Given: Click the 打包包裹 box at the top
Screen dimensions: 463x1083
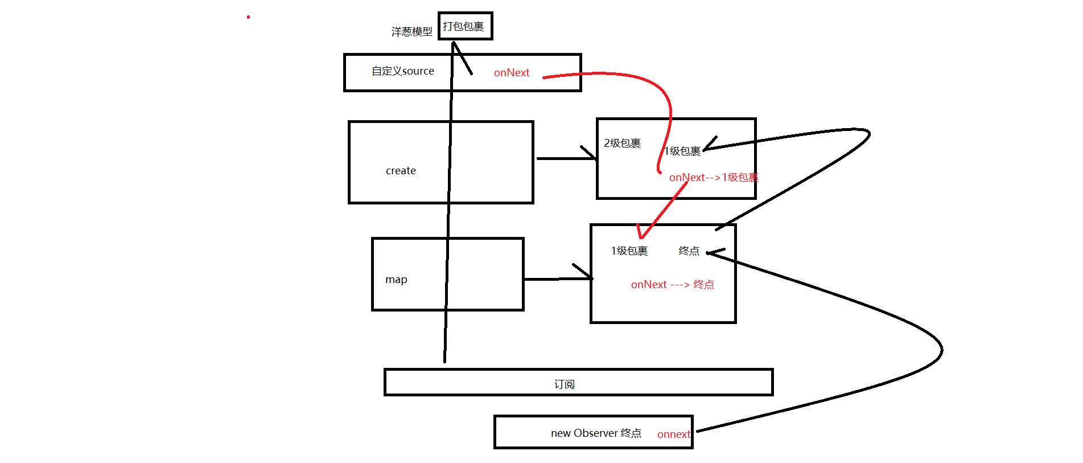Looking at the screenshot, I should pos(464,26).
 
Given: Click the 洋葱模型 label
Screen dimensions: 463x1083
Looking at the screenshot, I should pos(411,32).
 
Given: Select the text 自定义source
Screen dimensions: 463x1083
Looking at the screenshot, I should pos(402,71).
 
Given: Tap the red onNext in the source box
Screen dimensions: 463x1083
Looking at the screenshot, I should pos(511,73).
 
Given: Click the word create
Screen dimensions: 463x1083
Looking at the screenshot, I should pos(401,171).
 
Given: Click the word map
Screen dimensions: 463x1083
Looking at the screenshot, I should pos(396,280).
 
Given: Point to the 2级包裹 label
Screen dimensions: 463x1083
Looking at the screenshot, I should pos(622,143).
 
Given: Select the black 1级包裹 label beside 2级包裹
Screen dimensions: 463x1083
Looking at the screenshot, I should pos(682,151).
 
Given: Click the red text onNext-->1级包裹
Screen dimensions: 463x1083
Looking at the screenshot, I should pos(713,178).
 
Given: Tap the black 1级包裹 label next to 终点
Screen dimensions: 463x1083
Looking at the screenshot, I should pos(629,251).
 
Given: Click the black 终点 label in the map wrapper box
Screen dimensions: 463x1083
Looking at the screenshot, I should pos(689,251).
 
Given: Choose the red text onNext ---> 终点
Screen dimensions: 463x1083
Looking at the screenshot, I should pos(672,285).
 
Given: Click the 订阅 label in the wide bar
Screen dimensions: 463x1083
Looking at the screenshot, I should pos(564,384).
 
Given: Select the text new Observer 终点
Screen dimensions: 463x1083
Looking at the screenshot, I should pos(596,433).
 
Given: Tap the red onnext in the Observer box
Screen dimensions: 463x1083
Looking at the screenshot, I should pos(674,435).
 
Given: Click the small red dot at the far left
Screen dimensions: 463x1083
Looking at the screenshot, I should pos(248,17).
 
